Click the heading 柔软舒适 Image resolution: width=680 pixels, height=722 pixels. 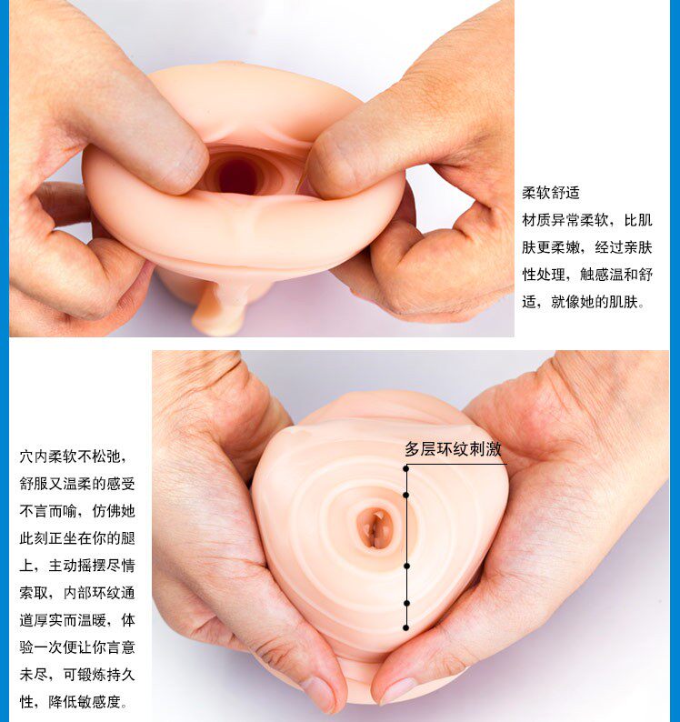click(551, 193)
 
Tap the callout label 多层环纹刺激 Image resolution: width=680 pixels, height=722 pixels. click(453, 449)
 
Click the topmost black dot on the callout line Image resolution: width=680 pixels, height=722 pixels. click(405, 468)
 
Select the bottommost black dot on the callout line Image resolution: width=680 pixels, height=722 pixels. click(405, 627)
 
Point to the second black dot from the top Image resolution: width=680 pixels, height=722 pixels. click(405, 495)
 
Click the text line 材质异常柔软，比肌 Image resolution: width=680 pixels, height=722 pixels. click(587, 220)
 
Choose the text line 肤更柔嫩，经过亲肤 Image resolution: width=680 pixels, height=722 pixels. click(587, 247)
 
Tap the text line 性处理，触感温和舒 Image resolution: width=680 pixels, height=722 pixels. click(587, 275)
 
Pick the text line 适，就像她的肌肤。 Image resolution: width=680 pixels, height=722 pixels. click(584, 302)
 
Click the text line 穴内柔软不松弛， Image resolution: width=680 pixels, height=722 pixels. click(73, 456)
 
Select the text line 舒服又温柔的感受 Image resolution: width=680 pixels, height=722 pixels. click(77, 484)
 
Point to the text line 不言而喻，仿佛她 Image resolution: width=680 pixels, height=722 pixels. click(77, 511)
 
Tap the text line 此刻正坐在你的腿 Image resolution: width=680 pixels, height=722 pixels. click(77, 537)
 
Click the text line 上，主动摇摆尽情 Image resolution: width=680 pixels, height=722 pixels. click(77, 565)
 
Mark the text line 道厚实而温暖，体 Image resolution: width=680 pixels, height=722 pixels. click(77, 620)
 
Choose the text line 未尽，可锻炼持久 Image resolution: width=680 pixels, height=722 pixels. click(77, 675)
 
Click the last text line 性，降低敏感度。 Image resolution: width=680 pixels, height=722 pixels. click(74, 702)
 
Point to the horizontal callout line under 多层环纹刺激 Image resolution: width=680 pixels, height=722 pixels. click(456, 464)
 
